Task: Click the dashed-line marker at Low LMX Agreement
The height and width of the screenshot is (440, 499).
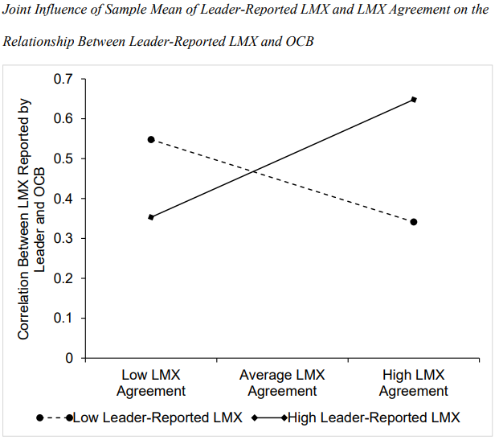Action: click(151, 139)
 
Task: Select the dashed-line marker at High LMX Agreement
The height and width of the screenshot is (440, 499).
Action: click(414, 222)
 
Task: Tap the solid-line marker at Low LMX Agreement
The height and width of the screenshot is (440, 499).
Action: click(151, 217)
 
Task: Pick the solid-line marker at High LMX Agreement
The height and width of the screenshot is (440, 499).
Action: click(414, 99)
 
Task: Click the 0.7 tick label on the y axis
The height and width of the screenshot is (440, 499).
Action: click(63, 79)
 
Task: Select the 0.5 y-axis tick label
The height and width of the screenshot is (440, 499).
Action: click(63, 158)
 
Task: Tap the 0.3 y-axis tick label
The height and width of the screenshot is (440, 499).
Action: click(63, 238)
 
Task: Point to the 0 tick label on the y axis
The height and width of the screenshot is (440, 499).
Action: click(68, 357)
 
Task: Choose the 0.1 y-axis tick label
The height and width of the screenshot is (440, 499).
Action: click(63, 318)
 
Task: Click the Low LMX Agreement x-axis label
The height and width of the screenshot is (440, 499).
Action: click(151, 383)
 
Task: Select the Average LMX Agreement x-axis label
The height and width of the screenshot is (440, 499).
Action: click(282, 383)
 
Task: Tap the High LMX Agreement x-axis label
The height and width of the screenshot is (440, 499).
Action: click(414, 383)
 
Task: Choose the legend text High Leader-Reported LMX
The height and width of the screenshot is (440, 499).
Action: click(374, 417)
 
